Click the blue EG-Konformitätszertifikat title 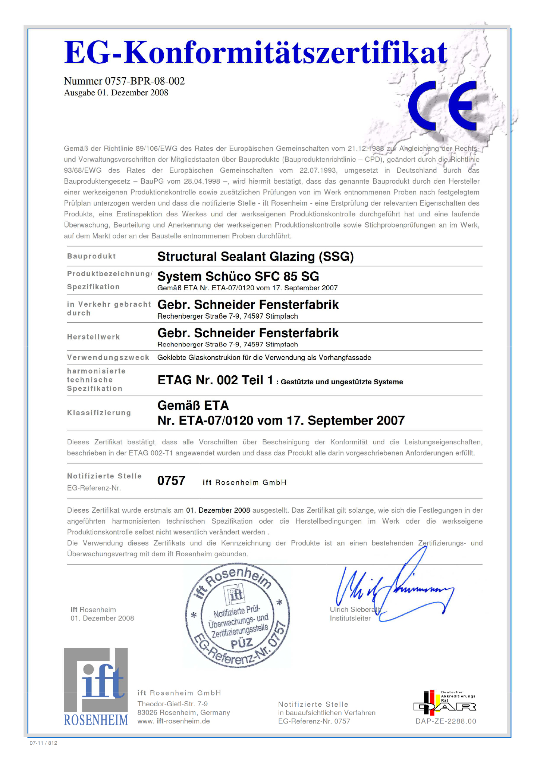coord(256,53)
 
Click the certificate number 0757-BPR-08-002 coord(145,81)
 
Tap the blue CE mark coord(443,106)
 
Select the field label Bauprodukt coord(91,256)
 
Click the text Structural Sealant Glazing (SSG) coord(255,257)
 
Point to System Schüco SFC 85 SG coord(238,276)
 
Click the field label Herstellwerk coord(94,337)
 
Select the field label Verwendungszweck coord(108,357)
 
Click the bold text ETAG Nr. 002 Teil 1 coord(215,380)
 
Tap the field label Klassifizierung coord(99,413)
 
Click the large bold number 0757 coord(171,481)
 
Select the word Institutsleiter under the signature coord(350,618)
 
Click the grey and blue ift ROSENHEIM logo coord(96,687)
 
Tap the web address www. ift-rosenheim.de coord(173,721)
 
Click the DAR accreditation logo coord(445,702)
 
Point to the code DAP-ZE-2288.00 coord(446,721)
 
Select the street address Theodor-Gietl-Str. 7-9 coord(172,704)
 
